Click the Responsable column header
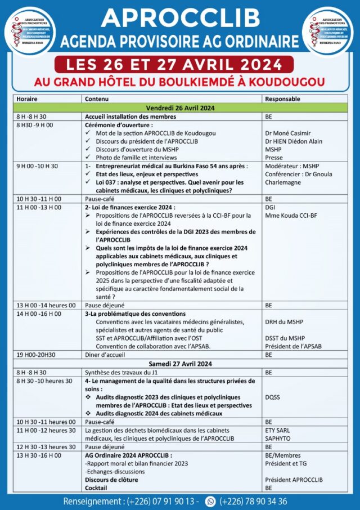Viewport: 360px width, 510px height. click(282, 99)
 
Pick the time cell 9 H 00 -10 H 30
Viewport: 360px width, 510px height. click(38, 167)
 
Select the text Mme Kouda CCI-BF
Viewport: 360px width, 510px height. click(291, 216)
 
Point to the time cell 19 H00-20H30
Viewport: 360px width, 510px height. click(35, 355)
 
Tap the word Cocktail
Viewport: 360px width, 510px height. click(96, 487)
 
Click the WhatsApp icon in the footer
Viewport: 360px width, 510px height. click(211, 501)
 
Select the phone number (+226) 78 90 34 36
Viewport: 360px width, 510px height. click(254, 501)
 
